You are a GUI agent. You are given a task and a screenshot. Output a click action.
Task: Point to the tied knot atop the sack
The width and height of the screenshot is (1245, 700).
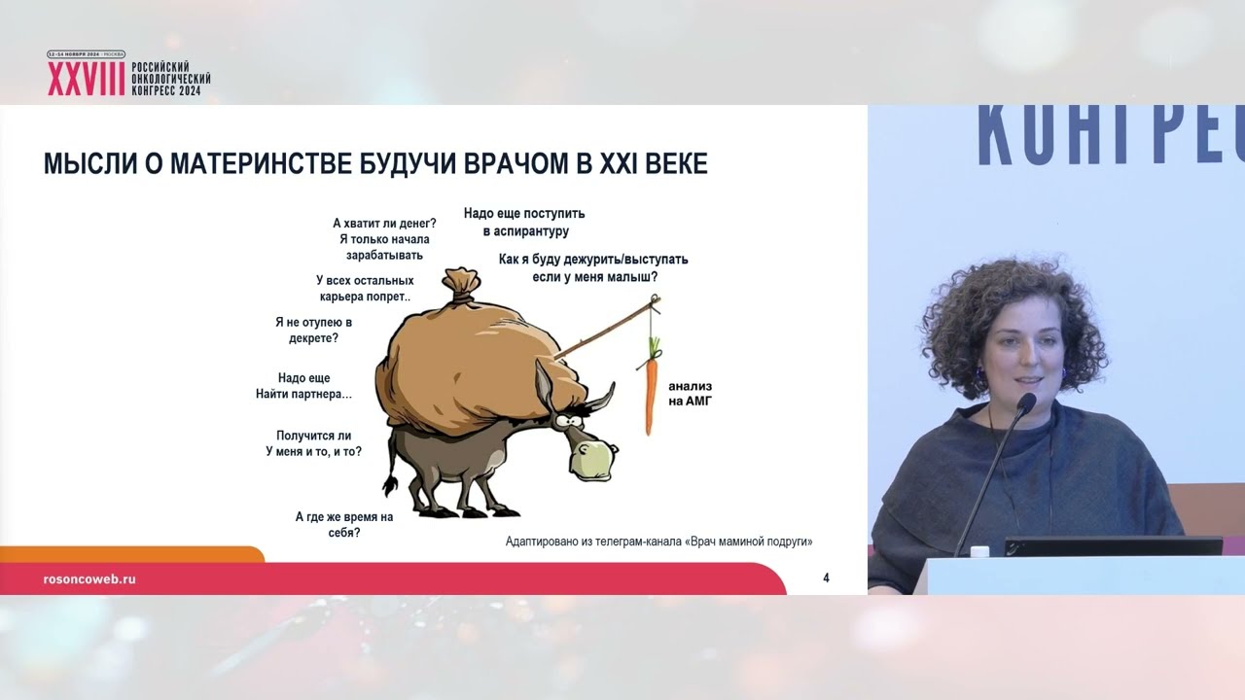coord(460,284)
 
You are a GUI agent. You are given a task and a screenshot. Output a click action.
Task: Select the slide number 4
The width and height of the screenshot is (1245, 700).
coord(826,578)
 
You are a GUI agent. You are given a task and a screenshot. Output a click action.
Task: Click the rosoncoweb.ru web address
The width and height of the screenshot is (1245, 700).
coord(89,578)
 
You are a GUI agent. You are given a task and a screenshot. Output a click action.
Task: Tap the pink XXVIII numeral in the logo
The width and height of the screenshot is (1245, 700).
coord(86,80)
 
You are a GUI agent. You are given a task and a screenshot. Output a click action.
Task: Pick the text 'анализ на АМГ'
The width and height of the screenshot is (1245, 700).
coord(691,393)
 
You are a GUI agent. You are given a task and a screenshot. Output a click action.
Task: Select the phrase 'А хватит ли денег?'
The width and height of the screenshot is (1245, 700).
coord(384,223)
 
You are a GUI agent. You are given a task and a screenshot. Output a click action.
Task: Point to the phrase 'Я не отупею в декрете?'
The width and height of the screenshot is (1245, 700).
coord(313,330)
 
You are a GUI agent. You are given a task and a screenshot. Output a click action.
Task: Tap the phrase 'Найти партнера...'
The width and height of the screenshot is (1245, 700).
coord(303,394)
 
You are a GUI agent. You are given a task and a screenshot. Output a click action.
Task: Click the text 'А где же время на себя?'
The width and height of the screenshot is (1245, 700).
coord(343,525)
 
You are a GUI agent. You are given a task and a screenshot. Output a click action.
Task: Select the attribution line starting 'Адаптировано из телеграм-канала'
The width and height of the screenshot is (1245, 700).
coord(658,542)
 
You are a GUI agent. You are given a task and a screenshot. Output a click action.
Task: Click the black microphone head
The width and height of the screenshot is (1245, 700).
coord(1024,402)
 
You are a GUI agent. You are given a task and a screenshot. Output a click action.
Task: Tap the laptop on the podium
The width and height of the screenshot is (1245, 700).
coord(1113,545)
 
